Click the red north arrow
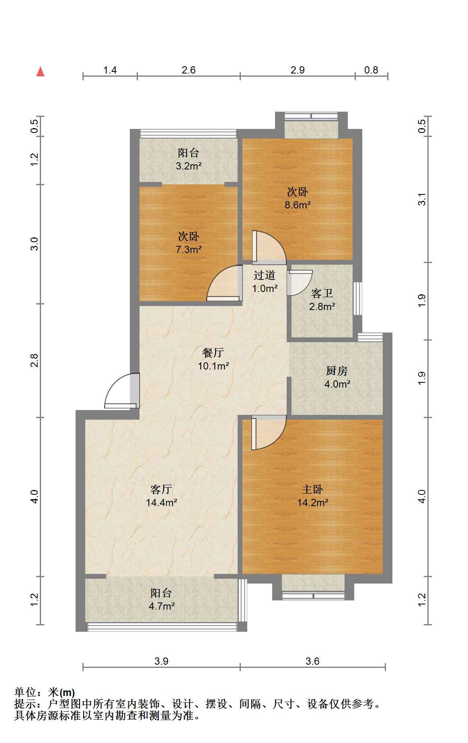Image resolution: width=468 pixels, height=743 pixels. pyautogui.click(x=40, y=71)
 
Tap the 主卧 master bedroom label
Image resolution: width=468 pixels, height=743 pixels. pyautogui.click(x=312, y=489)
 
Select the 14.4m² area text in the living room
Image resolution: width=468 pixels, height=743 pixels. pyautogui.click(x=162, y=502)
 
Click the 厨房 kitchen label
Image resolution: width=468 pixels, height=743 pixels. pyautogui.click(x=337, y=371)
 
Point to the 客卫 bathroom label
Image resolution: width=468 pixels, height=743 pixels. pyautogui.click(x=322, y=293)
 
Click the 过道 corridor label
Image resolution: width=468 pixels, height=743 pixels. pyautogui.click(x=265, y=275)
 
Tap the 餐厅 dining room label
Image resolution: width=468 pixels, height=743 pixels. pyautogui.click(x=213, y=353)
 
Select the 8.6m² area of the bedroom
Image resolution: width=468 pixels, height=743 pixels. pyautogui.click(x=298, y=205)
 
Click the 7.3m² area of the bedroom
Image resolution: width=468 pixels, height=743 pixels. pyautogui.click(x=189, y=249)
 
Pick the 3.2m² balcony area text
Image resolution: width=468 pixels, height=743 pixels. pyautogui.click(x=189, y=166)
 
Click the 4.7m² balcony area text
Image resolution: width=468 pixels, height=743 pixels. pyautogui.click(x=162, y=606)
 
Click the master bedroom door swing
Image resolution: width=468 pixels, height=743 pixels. pyautogui.click(x=269, y=433)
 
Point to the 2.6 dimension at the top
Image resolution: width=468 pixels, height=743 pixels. pyautogui.click(x=189, y=70)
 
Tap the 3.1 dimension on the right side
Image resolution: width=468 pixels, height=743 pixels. pyautogui.click(x=422, y=199)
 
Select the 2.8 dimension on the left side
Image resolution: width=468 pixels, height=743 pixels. pyautogui.click(x=35, y=360)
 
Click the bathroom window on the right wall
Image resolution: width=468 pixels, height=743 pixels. pyautogui.click(x=357, y=298)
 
